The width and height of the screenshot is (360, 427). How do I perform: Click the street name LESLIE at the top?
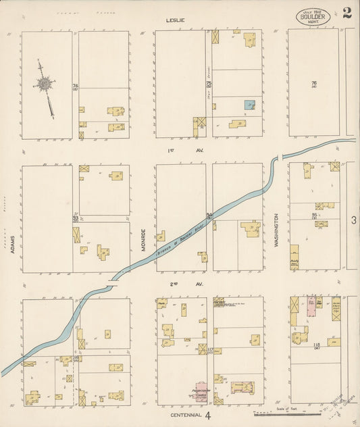(176, 20)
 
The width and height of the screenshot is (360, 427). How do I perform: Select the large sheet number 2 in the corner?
(346, 13)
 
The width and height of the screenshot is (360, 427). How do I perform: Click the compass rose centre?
(46, 84)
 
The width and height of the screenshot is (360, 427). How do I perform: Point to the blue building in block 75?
(249, 105)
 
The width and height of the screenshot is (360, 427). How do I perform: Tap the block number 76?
(313, 84)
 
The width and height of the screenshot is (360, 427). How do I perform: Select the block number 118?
(316, 347)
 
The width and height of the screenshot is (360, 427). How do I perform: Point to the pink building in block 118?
(313, 306)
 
